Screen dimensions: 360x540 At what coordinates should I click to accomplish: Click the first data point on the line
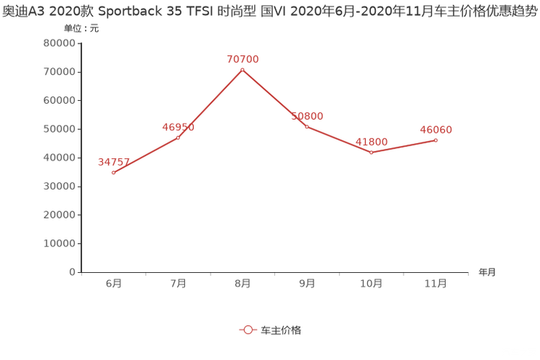pyautogui.click(x=113, y=172)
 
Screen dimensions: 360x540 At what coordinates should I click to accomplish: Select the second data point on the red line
pyautogui.click(x=178, y=136)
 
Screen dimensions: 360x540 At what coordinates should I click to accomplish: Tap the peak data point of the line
pyautogui.click(x=242, y=69)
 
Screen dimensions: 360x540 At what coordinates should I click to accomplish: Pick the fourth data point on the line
pyautogui.click(x=306, y=126)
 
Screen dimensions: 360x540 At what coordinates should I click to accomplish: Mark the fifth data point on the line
pyautogui.click(x=371, y=152)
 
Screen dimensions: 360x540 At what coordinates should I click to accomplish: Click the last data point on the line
pyautogui.click(x=435, y=139)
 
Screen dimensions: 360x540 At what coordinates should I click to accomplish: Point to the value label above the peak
pyautogui.click(x=242, y=58)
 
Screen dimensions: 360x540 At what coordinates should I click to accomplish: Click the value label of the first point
pyautogui.click(x=113, y=161)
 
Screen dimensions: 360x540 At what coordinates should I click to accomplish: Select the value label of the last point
pyautogui.click(x=435, y=129)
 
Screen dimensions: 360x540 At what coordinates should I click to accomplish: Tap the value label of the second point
pyautogui.click(x=178, y=128)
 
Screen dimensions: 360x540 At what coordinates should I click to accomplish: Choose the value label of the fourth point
pyautogui.click(x=306, y=115)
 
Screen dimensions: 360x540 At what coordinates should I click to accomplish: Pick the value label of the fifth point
pyautogui.click(x=372, y=141)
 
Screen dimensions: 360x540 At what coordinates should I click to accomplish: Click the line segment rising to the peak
pyautogui.click(x=210, y=102)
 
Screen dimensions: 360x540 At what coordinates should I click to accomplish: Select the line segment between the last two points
pyautogui.click(x=404, y=146)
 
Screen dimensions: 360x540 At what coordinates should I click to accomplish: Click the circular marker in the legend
pyautogui.click(x=248, y=330)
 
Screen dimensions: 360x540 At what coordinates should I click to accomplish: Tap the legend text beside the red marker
pyautogui.click(x=280, y=330)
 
